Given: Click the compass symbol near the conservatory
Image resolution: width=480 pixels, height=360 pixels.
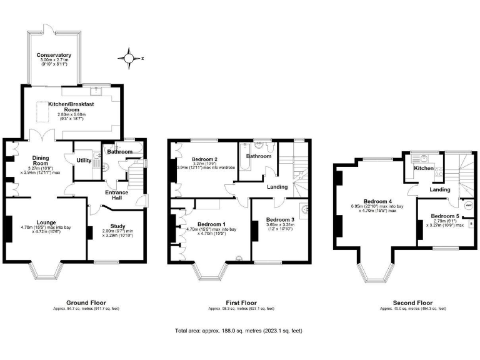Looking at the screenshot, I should tap(129, 59).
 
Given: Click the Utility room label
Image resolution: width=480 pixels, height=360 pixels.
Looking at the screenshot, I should tap(84, 161).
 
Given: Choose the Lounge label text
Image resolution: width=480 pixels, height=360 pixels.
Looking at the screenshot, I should tap(32, 221).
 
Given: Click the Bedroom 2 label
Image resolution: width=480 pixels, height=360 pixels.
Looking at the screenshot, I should tap(204, 160).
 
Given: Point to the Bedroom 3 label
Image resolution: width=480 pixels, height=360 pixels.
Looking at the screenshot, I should tap(279, 219).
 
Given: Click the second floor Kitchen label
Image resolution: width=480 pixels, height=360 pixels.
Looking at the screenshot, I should tap(424, 168).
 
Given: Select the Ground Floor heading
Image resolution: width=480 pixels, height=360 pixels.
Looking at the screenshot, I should tap(84, 303).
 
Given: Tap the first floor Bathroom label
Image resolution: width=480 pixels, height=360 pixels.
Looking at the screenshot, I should tap(258, 156).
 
